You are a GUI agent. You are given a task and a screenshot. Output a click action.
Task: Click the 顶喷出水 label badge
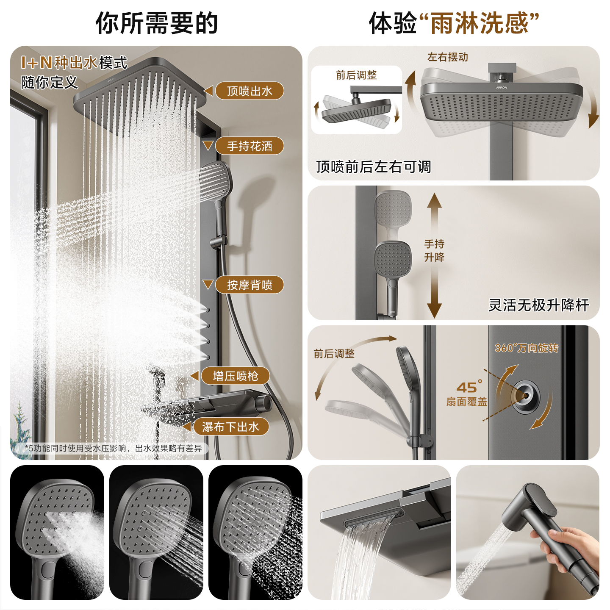(x=249, y=91)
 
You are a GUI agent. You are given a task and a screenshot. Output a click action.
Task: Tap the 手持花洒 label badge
(x=249, y=146)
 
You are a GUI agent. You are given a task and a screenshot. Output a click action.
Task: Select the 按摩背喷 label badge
(x=249, y=285)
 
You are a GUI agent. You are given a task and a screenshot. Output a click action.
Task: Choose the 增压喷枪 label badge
(x=235, y=376)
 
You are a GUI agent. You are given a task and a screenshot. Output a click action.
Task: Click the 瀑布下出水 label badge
(x=231, y=427)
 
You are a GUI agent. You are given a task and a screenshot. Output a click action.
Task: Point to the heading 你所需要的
(x=157, y=23)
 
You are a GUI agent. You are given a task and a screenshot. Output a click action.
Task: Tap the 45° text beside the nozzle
(x=469, y=386)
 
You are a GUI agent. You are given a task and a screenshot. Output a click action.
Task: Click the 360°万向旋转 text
(x=527, y=348)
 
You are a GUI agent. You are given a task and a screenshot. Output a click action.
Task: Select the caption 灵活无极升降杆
(x=538, y=305)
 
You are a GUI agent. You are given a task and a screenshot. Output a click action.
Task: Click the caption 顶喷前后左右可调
(x=373, y=167)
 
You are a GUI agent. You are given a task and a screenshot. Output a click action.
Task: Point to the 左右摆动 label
(x=448, y=57)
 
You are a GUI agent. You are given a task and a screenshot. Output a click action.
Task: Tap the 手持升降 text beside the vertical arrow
(x=434, y=250)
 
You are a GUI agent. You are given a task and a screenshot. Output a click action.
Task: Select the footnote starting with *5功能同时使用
(x=113, y=448)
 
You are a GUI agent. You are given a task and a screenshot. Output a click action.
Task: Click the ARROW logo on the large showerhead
(x=502, y=88)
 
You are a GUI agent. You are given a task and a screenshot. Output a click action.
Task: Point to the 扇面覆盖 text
(x=466, y=402)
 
